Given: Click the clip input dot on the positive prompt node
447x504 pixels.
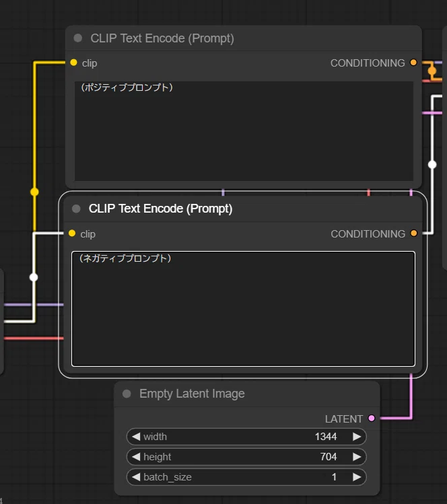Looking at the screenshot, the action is [x=73, y=63].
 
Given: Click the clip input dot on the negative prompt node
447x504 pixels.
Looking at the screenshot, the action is [x=72, y=233].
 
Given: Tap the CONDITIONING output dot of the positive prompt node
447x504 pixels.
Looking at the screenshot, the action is [x=413, y=63].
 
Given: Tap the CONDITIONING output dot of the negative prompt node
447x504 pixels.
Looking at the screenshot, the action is [x=414, y=233].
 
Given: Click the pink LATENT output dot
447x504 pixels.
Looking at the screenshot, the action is [x=372, y=418].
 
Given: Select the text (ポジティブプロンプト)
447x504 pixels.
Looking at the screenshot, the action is [x=127, y=87].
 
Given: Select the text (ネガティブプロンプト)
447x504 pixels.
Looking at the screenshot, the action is [x=125, y=258].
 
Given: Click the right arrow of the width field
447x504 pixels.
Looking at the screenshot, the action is [x=357, y=437].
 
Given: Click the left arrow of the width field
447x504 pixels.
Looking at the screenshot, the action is [x=136, y=437].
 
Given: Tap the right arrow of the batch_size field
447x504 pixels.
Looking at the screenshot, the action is [x=357, y=476].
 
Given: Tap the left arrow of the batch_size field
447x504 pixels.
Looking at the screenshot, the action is [x=136, y=476].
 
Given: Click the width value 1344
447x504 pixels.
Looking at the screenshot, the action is [x=326, y=437].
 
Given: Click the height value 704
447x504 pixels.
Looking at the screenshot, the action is [x=329, y=457].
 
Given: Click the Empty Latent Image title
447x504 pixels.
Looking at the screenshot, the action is [x=192, y=394].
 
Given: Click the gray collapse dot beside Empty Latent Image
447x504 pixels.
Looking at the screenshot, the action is [x=127, y=394].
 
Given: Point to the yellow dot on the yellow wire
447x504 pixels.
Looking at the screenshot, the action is [x=34, y=192].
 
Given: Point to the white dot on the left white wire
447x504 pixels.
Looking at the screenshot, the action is [x=34, y=277].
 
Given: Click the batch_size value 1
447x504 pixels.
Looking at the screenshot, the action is [x=334, y=476].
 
